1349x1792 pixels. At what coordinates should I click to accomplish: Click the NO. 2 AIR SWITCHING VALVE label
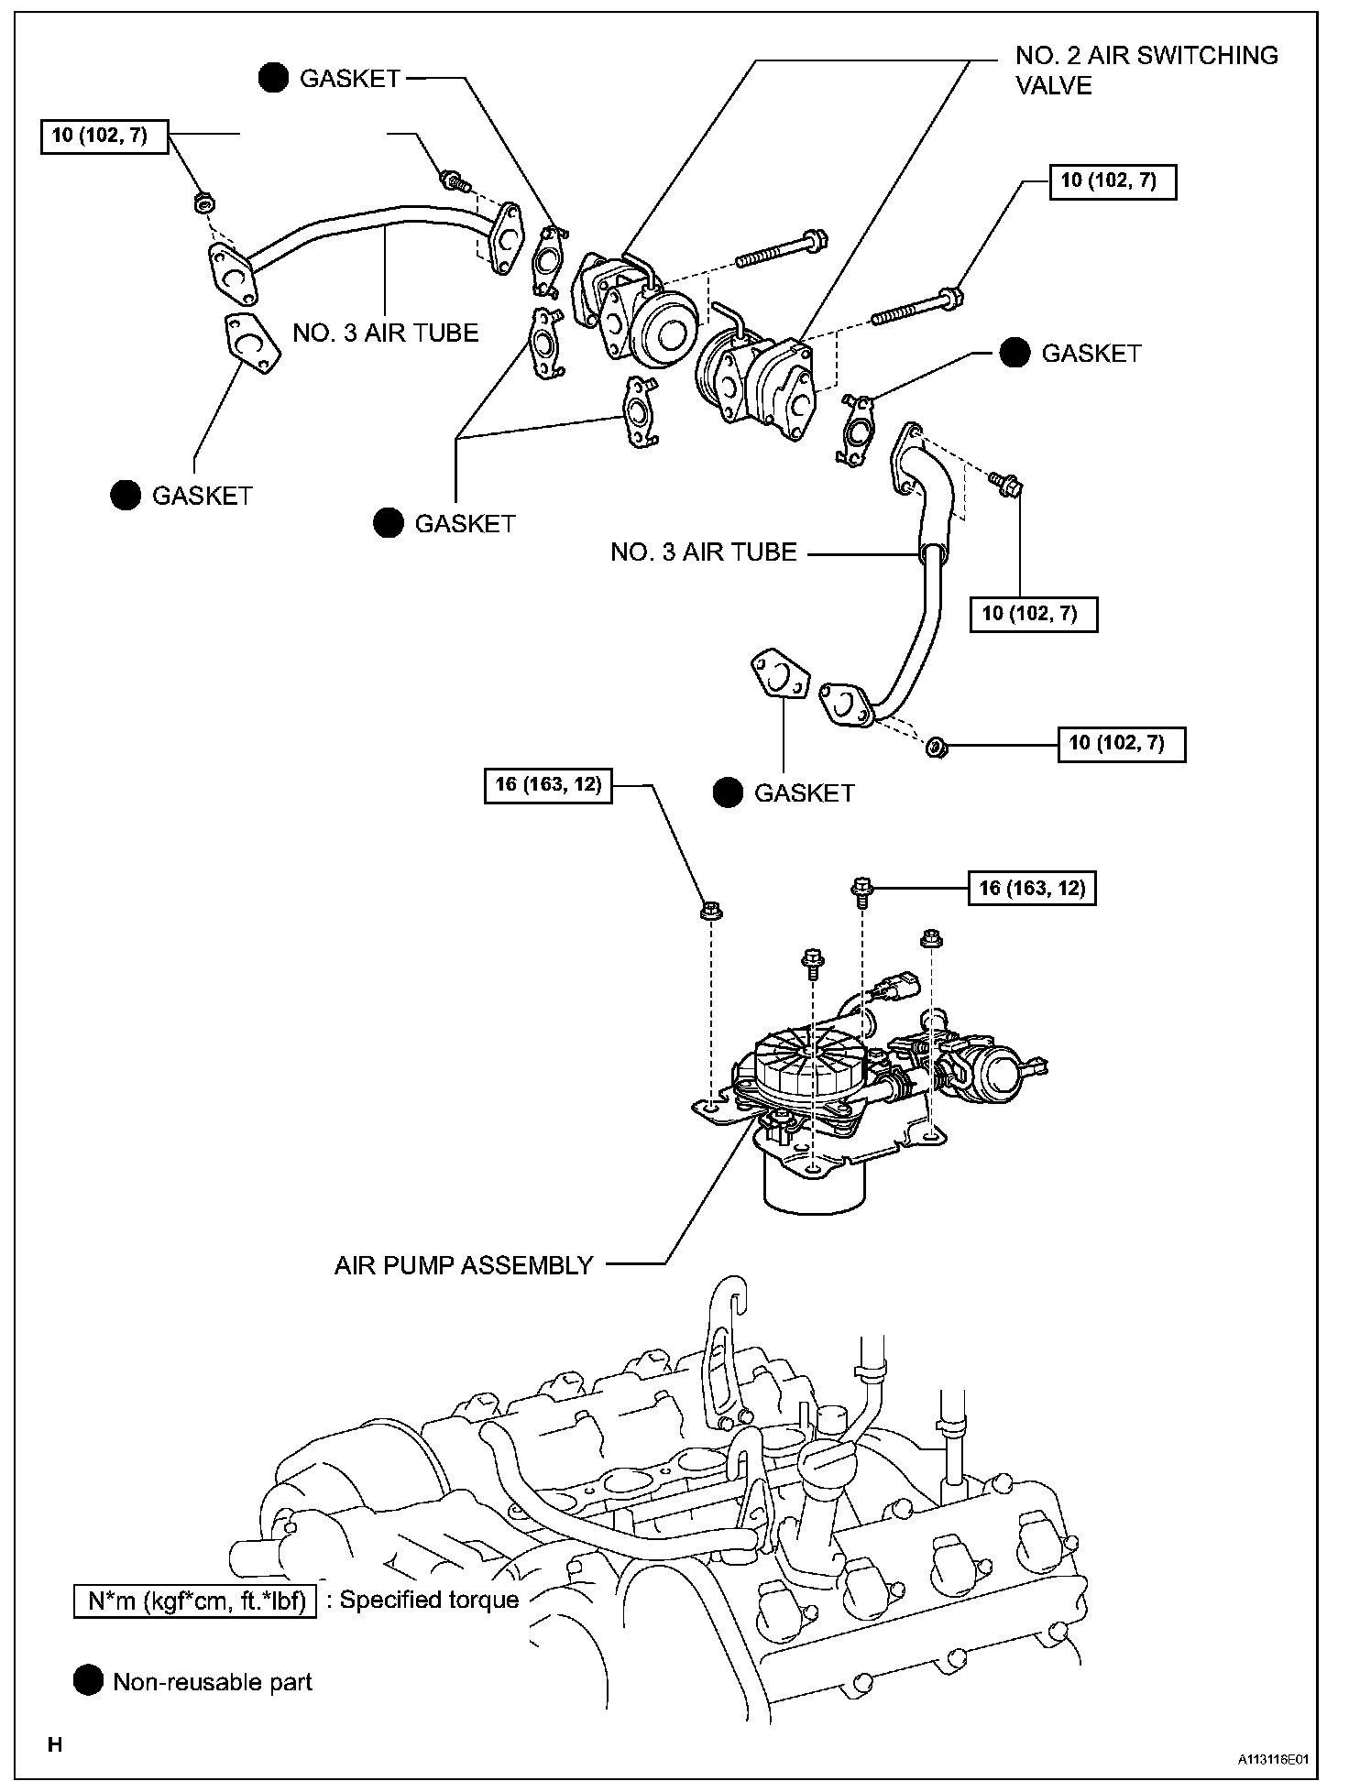[1146, 71]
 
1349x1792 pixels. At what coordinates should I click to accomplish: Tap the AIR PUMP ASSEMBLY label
[464, 1265]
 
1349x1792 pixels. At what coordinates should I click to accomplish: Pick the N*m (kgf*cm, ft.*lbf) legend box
[195, 1601]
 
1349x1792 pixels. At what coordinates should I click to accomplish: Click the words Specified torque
[429, 1601]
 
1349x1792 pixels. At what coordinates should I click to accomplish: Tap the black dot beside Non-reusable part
[88, 1682]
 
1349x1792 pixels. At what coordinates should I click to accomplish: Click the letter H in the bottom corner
[55, 1744]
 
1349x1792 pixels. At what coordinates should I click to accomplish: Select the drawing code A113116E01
[1273, 1760]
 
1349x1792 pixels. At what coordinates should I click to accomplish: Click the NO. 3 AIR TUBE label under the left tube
[386, 333]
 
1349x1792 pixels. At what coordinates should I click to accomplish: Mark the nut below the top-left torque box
[203, 202]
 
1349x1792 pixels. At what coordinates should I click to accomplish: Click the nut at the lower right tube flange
[937, 747]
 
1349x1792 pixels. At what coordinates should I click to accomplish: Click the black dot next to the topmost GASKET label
[273, 80]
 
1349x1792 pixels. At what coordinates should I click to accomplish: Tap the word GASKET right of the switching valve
[1091, 354]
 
